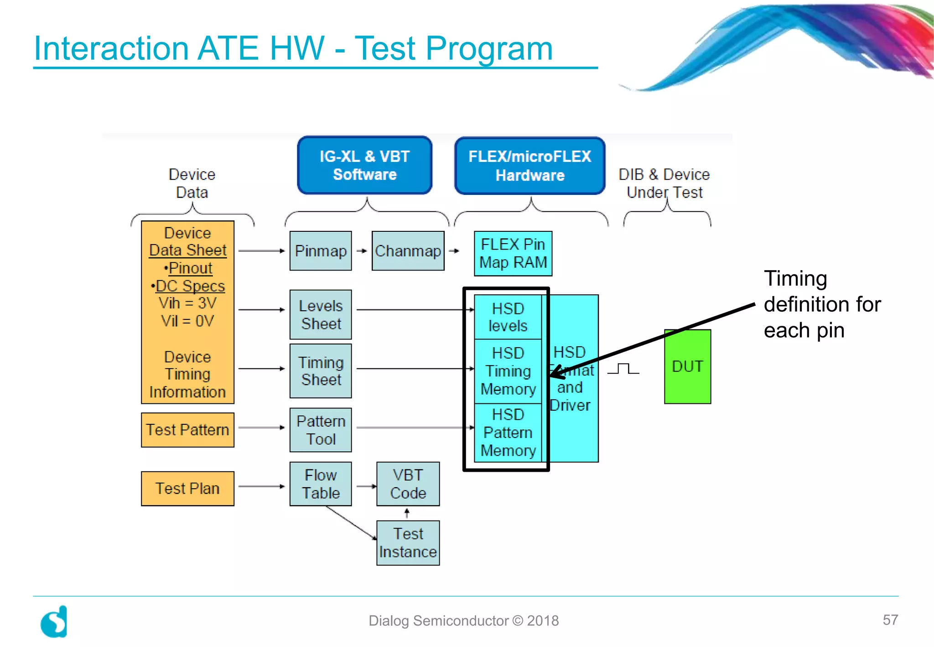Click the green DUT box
pos(687,367)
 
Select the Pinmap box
pos(321,251)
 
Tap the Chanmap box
pos(408,251)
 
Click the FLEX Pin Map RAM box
pos(513,254)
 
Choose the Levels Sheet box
pos(321,315)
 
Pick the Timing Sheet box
pos(321,371)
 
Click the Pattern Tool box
pos(321,430)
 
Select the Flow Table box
pos(321,484)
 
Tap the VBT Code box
pos(408,484)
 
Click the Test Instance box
pos(408,543)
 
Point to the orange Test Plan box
pos(187,489)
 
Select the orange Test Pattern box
pos(187,430)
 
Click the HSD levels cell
pos(508,317)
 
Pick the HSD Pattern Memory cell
pos(508,433)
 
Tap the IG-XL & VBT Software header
pos(364,166)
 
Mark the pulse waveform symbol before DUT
pos(623,369)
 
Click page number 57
pos(890,620)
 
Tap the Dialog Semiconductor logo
pos(54,621)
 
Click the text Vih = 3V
pos(187,303)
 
